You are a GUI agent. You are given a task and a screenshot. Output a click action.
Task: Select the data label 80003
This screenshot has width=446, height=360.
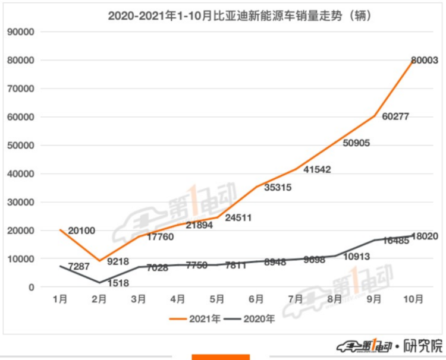(x=425, y=60)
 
